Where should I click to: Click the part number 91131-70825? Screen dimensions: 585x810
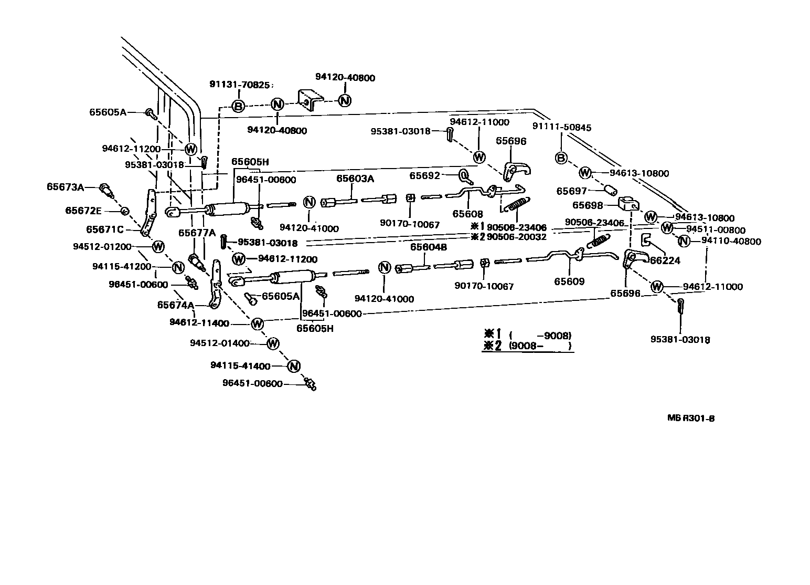pyautogui.click(x=239, y=84)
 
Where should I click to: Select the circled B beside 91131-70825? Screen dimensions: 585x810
pyautogui.click(x=238, y=107)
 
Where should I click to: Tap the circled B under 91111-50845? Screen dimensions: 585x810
pyautogui.click(x=561, y=158)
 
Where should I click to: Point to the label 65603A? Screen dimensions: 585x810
pyautogui.click(x=355, y=179)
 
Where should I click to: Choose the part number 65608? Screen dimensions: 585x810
pyautogui.click(x=467, y=214)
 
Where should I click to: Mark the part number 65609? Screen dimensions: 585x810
pyautogui.click(x=569, y=281)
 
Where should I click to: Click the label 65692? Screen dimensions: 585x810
pyautogui.click(x=424, y=176)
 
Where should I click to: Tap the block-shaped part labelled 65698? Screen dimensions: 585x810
pyautogui.click(x=627, y=203)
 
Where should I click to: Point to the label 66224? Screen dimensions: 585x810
pyautogui.click(x=665, y=260)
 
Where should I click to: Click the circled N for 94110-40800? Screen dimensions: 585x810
pyautogui.click(x=684, y=241)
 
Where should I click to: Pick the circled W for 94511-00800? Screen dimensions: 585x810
pyautogui.click(x=667, y=228)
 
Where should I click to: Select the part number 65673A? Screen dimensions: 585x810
pyautogui.click(x=65, y=186)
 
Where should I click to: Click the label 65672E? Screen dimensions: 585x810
pyautogui.click(x=83, y=211)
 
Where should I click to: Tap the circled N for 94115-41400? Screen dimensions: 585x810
pyautogui.click(x=293, y=366)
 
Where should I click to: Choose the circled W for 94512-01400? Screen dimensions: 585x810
pyautogui.click(x=272, y=343)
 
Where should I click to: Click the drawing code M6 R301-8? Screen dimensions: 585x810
pyautogui.click(x=691, y=419)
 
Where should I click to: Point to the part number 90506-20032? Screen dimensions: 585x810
pyautogui.click(x=517, y=237)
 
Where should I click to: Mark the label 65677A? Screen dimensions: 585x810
pyautogui.click(x=197, y=233)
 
